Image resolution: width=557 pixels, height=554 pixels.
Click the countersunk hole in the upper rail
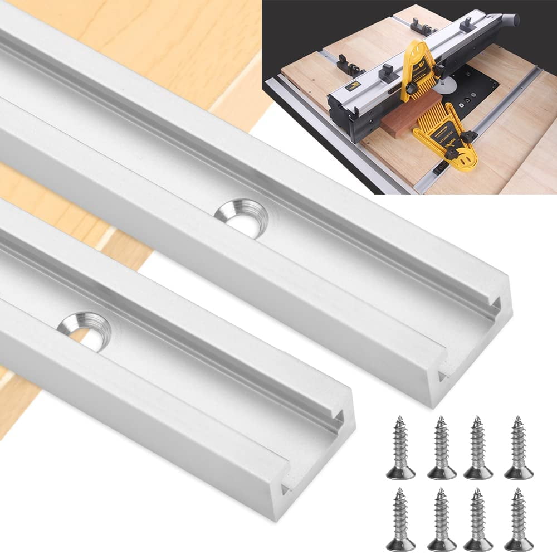pos(241,218)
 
